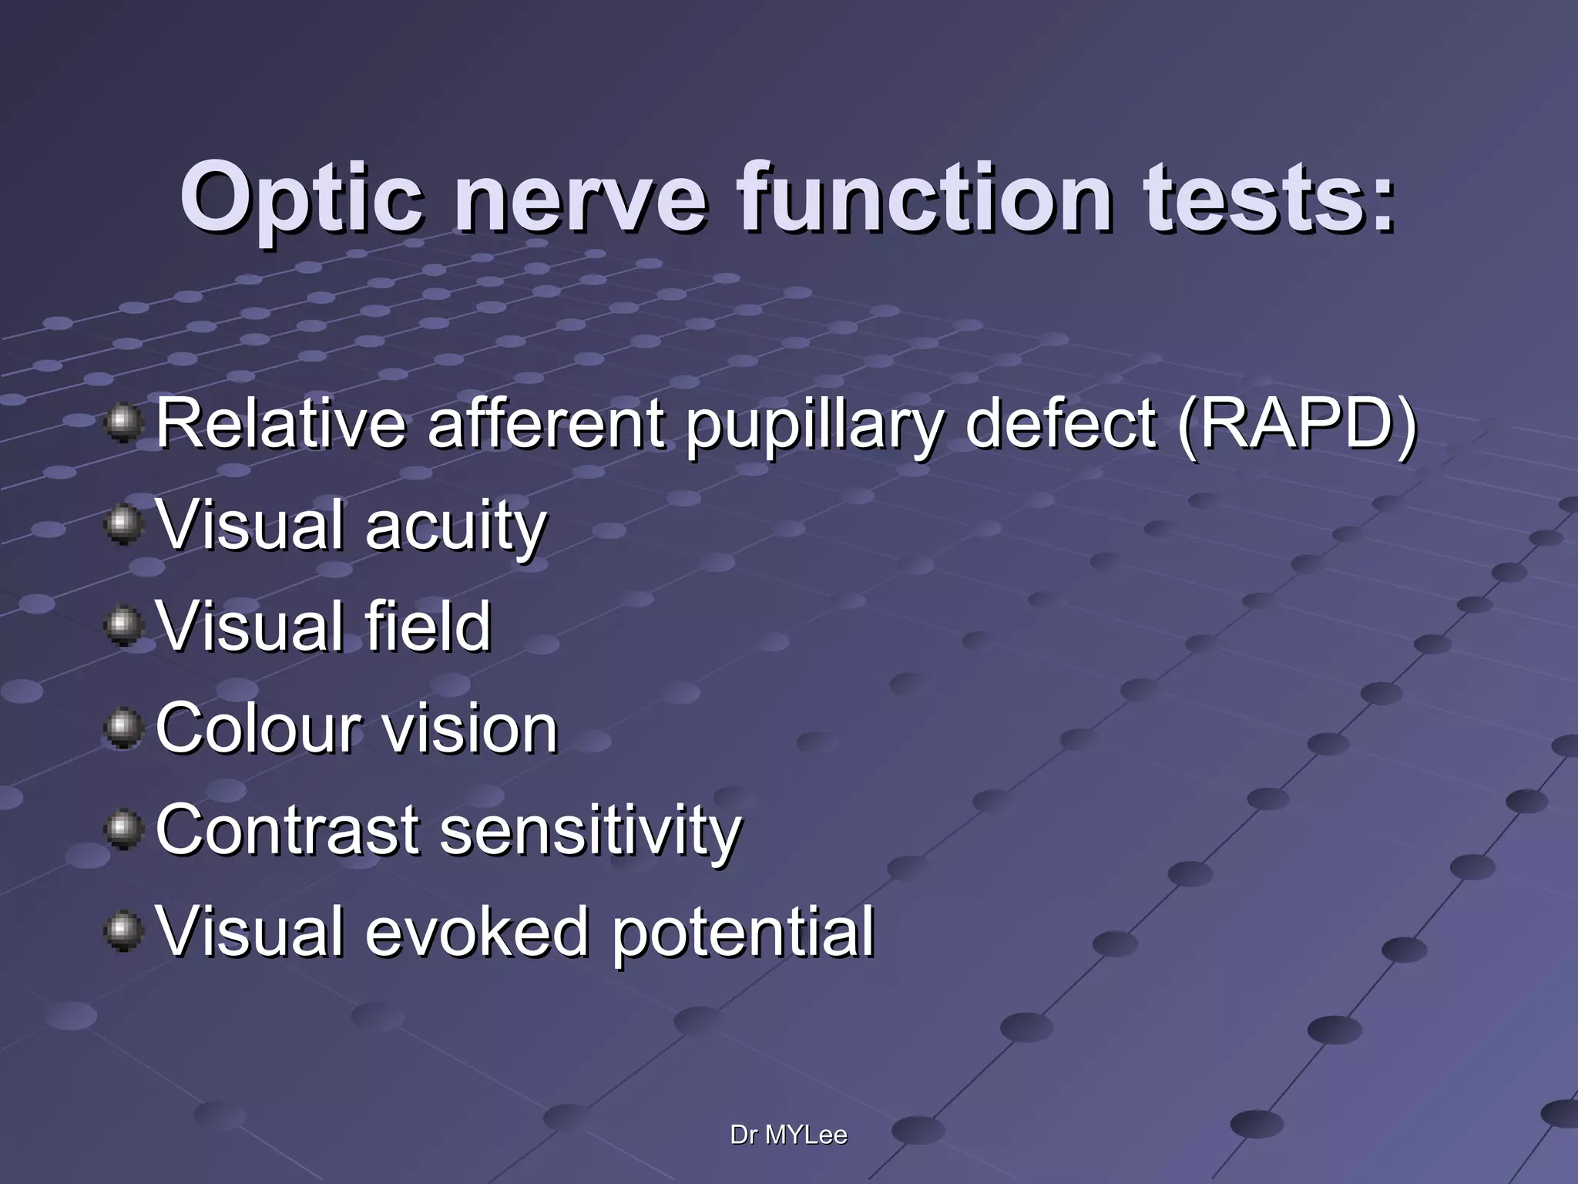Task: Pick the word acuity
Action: point(455,527)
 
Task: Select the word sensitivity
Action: point(589,831)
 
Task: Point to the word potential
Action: point(743,933)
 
